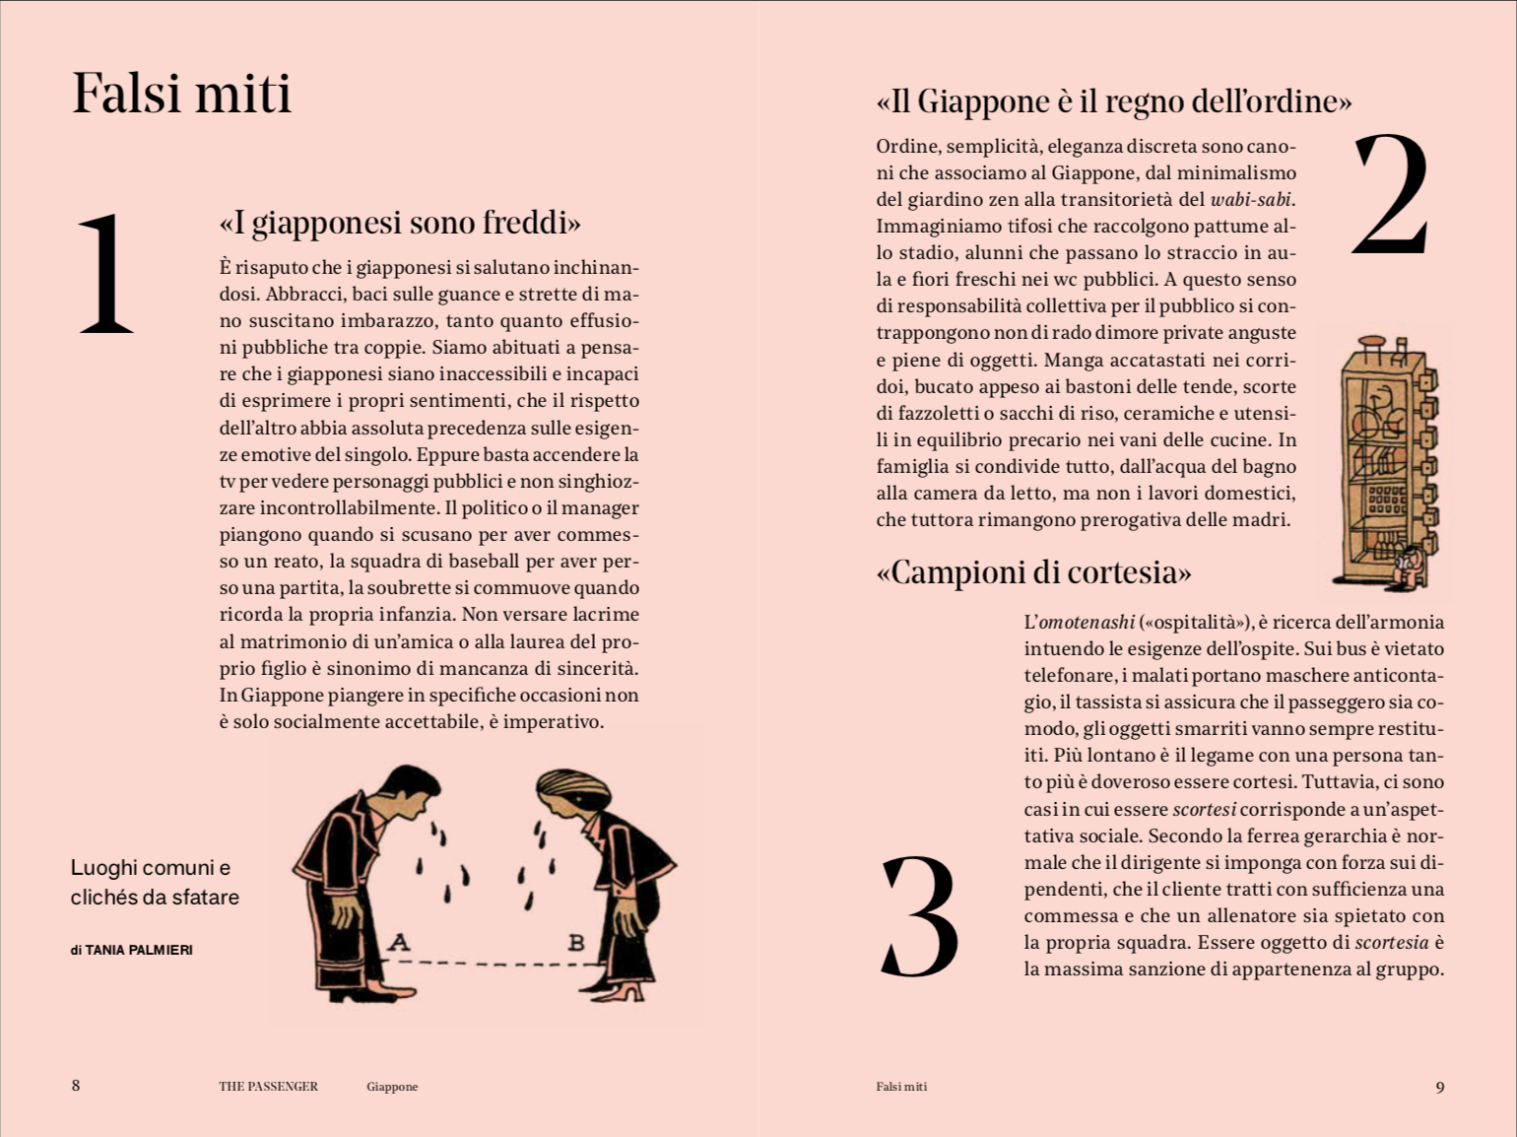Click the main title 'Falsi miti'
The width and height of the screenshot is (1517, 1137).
pyautogui.click(x=182, y=95)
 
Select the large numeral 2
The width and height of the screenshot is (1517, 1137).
pyautogui.click(x=1390, y=195)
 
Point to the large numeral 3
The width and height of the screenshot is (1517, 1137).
pyautogui.click(x=918, y=916)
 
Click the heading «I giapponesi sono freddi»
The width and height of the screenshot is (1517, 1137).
pyautogui.click(x=400, y=223)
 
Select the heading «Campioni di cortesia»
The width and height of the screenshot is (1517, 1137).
pyautogui.click(x=1033, y=572)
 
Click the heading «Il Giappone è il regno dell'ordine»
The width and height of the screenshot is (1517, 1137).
pyautogui.click(x=1113, y=101)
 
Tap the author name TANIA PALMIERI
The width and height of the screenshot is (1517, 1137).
pyautogui.click(x=139, y=951)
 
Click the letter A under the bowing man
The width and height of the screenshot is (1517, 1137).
pyautogui.click(x=399, y=942)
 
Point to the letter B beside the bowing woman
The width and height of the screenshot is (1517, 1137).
pyautogui.click(x=576, y=942)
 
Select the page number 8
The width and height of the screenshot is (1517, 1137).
pyautogui.click(x=76, y=1086)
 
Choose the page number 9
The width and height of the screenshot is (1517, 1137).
pyautogui.click(x=1440, y=1087)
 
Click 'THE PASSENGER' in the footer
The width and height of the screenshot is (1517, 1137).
pyautogui.click(x=268, y=1087)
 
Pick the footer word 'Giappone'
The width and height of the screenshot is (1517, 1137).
pyautogui.click(x=392, y=1087)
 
